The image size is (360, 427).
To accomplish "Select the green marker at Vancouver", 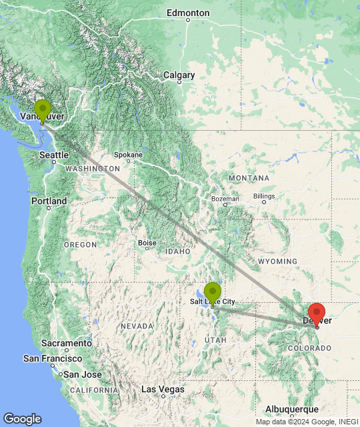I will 43,110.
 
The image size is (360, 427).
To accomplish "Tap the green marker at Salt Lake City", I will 213,293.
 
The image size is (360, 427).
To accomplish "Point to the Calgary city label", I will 179,75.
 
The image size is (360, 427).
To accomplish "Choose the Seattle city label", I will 53,155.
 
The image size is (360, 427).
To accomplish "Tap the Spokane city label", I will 128,155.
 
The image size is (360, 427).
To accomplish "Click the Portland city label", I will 49,201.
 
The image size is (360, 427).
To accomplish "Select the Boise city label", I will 147,244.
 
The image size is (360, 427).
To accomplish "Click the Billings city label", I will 264,196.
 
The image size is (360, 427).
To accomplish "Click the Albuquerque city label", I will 291,409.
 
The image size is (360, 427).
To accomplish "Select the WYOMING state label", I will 277,261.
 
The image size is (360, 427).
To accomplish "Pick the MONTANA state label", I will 249,178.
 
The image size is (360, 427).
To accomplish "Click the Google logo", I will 22,419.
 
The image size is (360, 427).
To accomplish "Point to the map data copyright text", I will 306,422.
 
